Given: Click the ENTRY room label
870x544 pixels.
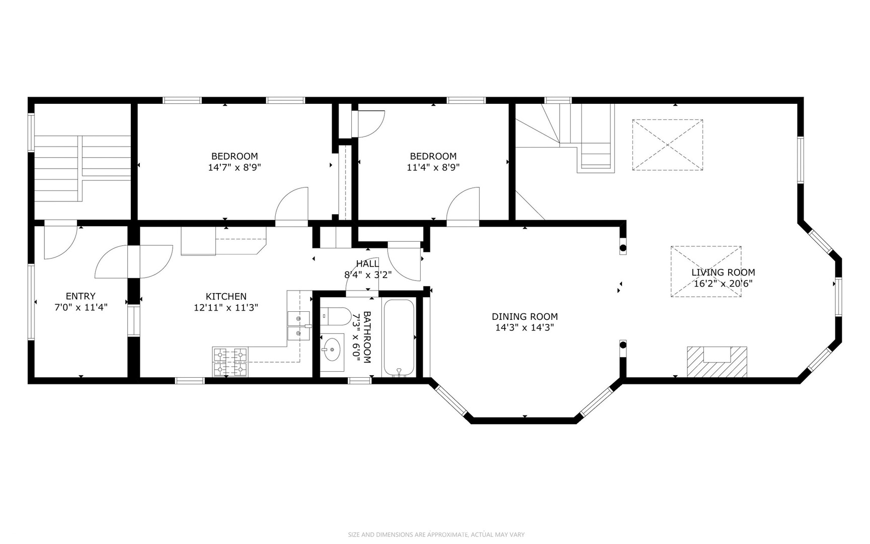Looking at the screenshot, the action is point(81,296).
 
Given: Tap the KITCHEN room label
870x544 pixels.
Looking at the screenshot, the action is point(226,297).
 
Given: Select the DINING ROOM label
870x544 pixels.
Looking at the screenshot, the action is point(525,317).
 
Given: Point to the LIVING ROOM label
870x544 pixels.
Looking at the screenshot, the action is point(723,273).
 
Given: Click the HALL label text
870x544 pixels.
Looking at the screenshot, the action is point(367,264).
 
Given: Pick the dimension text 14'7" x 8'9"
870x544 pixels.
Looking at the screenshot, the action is point(234,167).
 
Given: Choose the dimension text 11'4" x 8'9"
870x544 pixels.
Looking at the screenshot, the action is point(433,167).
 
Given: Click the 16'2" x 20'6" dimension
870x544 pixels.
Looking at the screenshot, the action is point(723,284).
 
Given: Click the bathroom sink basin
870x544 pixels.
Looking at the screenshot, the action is point(332,349).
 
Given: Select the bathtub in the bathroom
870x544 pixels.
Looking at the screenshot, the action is point(399,337).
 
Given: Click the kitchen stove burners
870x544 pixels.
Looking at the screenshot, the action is point(230,362).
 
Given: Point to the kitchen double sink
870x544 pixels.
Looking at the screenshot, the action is point(298,326).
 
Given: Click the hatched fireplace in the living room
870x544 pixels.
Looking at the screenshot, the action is point(717,362).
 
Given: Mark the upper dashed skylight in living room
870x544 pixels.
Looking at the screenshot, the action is point(667,145).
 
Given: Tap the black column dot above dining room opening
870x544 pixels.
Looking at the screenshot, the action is point(623,248).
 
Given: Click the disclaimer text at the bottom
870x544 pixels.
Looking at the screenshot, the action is point(436,534).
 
